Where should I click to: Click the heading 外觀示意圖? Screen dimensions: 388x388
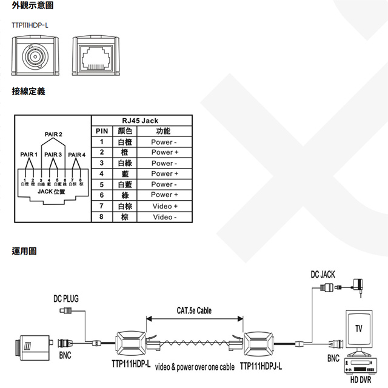click(x=32, y=6)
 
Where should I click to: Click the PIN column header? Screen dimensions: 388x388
click(x=101, y=131)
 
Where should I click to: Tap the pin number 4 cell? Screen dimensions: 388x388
click(x=102, y=174)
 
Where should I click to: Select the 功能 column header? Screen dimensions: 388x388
click(x=163, y=131)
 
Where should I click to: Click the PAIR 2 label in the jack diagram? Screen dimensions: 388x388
click(x=53, y=133)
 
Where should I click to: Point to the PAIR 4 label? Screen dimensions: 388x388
click(x=76, y=155)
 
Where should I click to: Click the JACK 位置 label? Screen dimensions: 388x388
click(x=52, y=192)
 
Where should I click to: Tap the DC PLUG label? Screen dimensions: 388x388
click(x=65, y=298)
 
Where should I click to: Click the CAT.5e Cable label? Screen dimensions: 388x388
click(x=194, y=310)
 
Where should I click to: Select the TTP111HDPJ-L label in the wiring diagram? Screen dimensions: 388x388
click(x=261, y=366)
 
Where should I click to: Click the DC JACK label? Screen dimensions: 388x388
click(x=323, y=275)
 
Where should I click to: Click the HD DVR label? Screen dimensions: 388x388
click(x=362, y=380)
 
